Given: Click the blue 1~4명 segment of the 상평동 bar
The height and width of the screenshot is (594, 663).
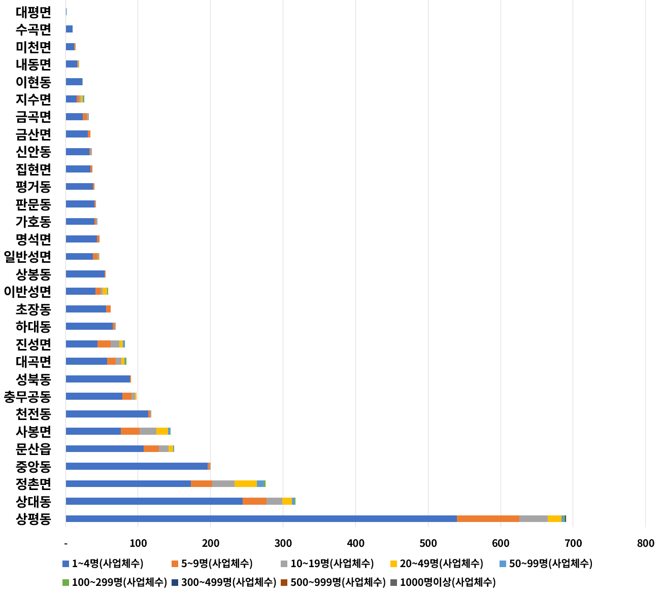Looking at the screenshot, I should pos(261,518).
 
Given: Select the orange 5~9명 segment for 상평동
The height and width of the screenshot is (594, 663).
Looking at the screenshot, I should pos(488,518).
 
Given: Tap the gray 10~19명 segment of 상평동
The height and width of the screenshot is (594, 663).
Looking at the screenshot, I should pos(533,518).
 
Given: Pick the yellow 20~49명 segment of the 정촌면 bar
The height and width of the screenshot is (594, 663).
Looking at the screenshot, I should pos(245,483).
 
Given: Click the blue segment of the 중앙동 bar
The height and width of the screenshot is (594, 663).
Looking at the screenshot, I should pos(137,466).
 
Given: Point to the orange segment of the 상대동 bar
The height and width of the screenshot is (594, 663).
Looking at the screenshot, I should pos(254,501).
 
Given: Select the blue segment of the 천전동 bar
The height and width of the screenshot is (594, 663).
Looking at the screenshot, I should pos(107,414).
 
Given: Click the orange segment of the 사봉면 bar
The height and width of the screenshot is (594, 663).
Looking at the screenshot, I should pos(130,431).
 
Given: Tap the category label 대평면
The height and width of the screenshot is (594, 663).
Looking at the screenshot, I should pos(34,12).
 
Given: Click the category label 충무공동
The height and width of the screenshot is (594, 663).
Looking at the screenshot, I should pos(27,396).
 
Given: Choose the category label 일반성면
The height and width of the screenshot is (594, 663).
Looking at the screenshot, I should pos(27,257).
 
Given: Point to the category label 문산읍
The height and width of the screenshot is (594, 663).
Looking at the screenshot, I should pos(34,448).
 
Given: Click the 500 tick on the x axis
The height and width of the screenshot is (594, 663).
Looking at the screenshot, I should pos(428,544).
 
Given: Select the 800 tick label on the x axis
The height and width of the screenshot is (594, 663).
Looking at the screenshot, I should pos(645,544).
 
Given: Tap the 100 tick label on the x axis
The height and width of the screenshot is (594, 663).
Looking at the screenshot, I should pos(138,544).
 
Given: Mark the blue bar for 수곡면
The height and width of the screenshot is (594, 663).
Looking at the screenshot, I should pos(69,29).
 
